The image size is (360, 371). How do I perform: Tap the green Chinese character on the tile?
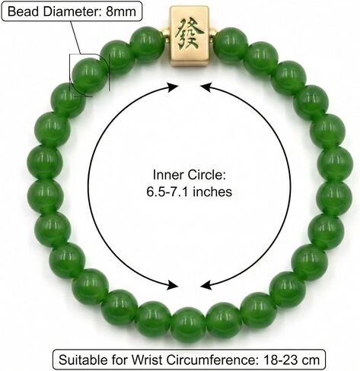pyautogui.click(x=190, y=33)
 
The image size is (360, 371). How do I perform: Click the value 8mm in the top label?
pyautogui.click(x=121, y=11)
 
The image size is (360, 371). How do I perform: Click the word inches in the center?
pyautogui.click(x=212, y=192)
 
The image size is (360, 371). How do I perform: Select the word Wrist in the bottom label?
pyautogui.click(x=147, y=360)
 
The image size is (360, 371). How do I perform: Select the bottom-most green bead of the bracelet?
pyautogui.click(x=188, y=325)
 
